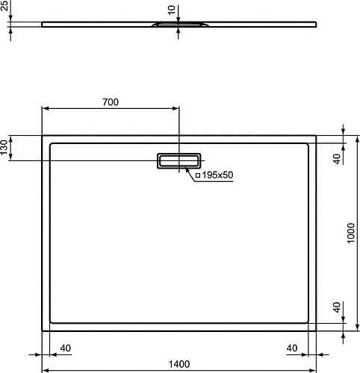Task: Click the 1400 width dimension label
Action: (179, 364)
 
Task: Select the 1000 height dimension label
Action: (350, 233)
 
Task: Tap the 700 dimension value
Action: (111, 102)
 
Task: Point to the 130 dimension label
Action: (4, 147)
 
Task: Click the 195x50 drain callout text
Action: (217, 175)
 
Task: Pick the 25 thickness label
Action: (4, 5)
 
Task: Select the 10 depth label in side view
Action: (172, 10)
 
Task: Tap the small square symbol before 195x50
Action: (198, 175)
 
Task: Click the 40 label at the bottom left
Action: (66, 348)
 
